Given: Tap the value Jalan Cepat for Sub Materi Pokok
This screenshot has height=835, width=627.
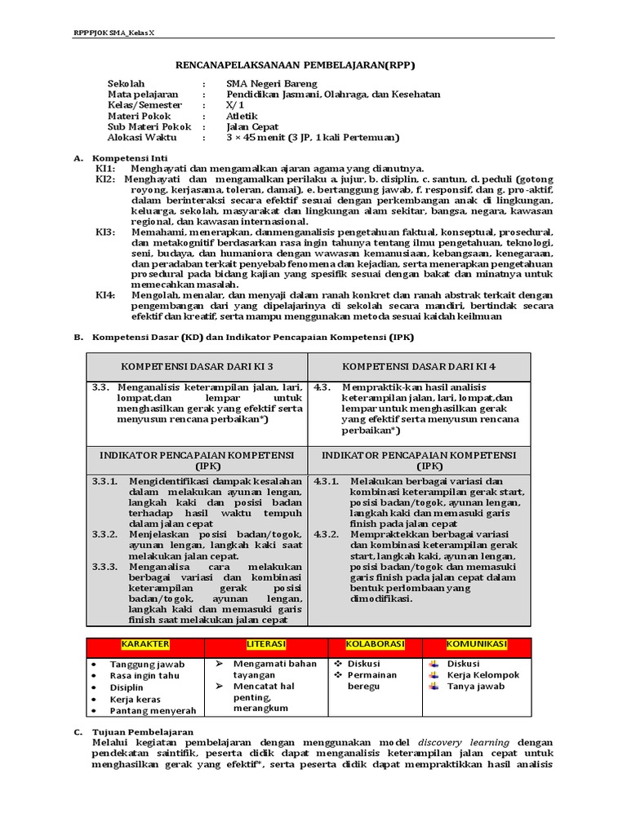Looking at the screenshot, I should (x=252, y=126).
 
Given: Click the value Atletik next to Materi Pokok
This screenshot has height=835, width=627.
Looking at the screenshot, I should (x=242, y=116).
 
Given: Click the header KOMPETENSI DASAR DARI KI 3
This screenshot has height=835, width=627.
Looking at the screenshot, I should (x=197, y=366).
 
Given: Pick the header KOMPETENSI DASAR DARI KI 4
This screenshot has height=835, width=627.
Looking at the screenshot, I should (x=419, y=366).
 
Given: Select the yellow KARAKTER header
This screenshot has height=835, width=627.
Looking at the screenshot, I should (x=146, y=644).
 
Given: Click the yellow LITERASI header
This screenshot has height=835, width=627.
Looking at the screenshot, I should (x=266, y=644).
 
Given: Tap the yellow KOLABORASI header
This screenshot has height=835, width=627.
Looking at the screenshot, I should (x=375, y=644).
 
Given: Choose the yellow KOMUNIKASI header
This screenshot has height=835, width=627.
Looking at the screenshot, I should (x=477, y=644).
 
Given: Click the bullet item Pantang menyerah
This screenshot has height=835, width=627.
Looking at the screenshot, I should (x=147, y=710).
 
